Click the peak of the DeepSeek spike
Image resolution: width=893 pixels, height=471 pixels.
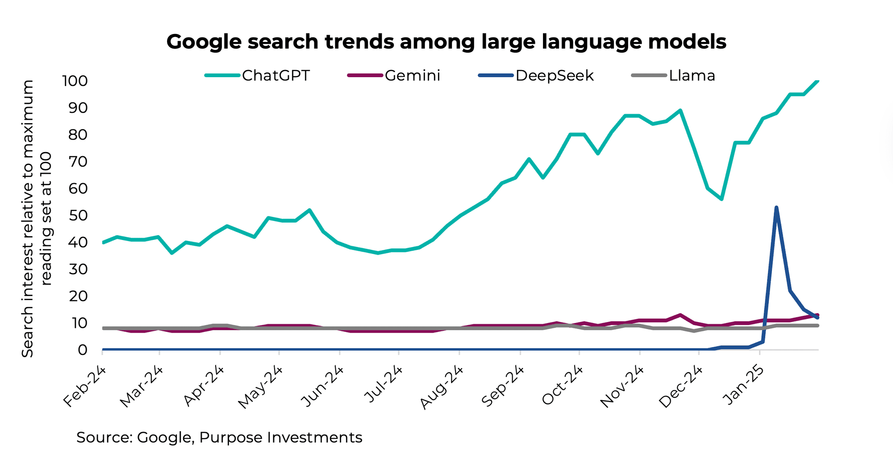tap(776, 207)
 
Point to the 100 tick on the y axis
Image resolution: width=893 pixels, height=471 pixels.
tap(75, 81)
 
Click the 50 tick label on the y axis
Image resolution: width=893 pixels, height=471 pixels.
tap(78, 215)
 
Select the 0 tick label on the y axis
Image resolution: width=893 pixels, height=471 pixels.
tap(83, 350)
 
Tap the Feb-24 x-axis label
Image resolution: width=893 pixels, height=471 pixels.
tap(84, 387)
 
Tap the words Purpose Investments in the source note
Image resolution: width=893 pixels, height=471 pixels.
tap(280, 438)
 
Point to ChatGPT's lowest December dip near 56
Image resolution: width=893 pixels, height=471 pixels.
tap(722, 199)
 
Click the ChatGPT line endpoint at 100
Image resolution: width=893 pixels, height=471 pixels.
tap(817, 81)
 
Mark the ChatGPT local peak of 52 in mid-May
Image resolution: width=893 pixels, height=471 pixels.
tap(309, 210)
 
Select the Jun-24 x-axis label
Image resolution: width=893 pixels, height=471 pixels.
tap(322, 386)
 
